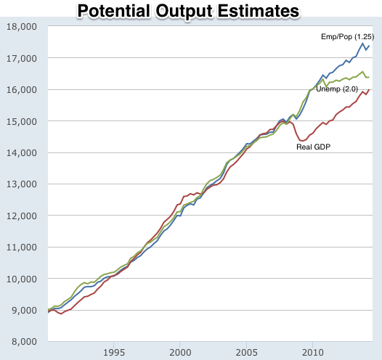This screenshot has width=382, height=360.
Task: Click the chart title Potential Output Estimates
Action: [x=188, y=11]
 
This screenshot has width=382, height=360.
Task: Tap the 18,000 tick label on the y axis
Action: [x=21, y=27]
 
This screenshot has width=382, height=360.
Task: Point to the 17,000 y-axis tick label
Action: [x=21, y=58]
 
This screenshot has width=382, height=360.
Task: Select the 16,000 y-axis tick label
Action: [x=21, y=90]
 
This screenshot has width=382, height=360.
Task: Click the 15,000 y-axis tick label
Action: [x=21, y=121]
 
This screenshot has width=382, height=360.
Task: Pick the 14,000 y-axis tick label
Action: [x=21, y=153]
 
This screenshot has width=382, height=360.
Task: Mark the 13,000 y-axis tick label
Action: [x=21, y=184]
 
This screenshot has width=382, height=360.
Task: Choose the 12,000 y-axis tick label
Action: [x=21, y=216]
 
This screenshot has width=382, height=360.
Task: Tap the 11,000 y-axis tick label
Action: [x=21, y=247]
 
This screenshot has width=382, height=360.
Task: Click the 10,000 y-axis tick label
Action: [x=21, y=279]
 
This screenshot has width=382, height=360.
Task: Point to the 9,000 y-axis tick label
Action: [x=23, y=311]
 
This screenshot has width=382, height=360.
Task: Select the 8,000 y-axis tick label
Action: [x=23, y=342]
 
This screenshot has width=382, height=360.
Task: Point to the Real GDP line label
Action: [x=313, y=147]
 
